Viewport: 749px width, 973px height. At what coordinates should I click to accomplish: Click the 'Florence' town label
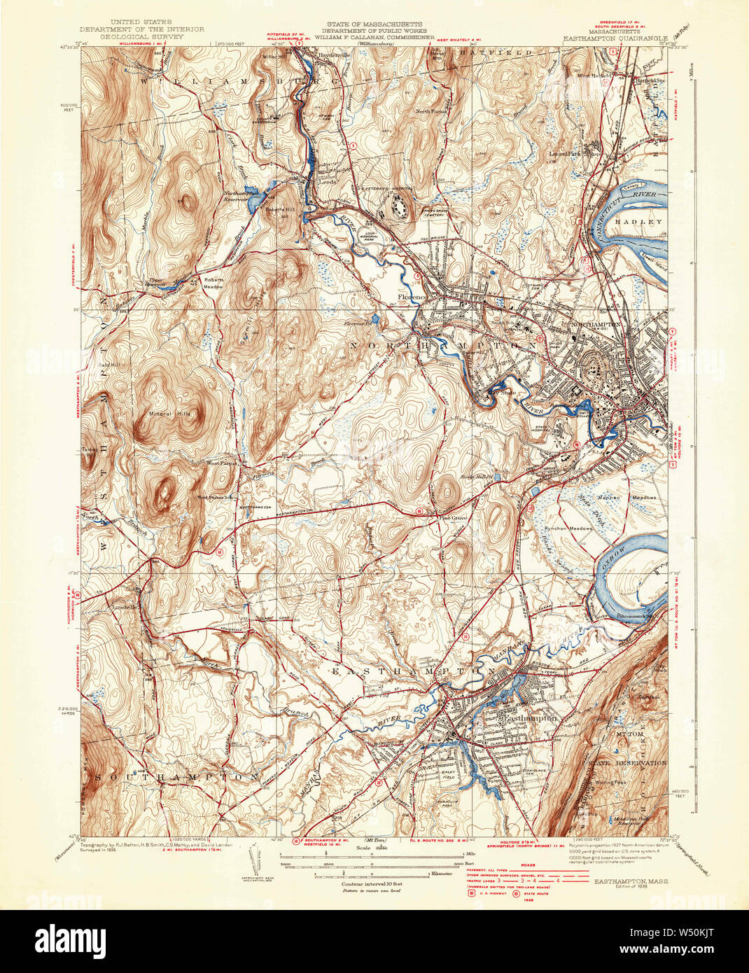coord(412,297)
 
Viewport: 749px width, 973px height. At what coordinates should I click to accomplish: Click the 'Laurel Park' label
coord(566,148)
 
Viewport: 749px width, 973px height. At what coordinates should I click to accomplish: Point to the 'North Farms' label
coord(432,111)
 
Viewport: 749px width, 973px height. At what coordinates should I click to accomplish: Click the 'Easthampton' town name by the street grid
coord(529,718)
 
